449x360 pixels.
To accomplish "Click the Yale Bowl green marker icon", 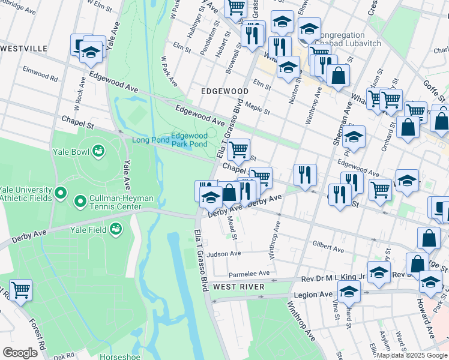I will click(x=98, y=151).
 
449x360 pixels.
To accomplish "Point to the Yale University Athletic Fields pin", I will click(x=60, y=193).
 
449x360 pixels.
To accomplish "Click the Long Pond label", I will click(x=147, y=140).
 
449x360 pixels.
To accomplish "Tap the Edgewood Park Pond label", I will click(x=189, y=140).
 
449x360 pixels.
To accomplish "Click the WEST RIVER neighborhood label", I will click(x=238, y=287).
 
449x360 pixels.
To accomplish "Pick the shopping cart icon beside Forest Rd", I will click(x=20, y=290).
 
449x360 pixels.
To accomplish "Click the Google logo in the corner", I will click(x=20, y=352).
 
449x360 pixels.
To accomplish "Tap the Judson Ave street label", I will click(x=224, y=254).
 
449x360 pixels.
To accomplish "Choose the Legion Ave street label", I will click(x=313, y=295).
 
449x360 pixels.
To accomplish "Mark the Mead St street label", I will click(x=234, y=228).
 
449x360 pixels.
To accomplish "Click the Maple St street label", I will click(x=257, y=110).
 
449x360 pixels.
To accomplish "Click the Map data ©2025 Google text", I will click(x=411, y=355).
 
